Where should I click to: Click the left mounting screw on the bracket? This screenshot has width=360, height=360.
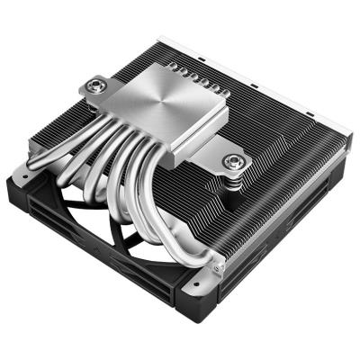point(94,87)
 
